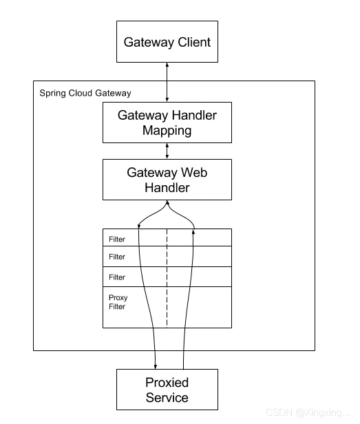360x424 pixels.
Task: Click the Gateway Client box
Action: (167, 41)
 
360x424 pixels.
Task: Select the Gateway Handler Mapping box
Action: (167, 123)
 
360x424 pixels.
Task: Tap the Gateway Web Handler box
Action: (167, 180)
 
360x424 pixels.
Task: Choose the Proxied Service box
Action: (167, 390)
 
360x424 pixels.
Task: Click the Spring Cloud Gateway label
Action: (85, 93)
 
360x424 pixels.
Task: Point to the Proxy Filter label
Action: (118, 301)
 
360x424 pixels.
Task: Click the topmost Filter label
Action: (117, 239)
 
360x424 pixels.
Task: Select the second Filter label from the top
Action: (117, 257)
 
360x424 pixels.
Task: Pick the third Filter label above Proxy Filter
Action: (117, 277)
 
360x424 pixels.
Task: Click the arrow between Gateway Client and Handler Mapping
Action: (167, 82)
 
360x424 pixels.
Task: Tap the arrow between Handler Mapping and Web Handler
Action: (167, 151)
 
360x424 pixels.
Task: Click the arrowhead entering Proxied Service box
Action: (156, 367)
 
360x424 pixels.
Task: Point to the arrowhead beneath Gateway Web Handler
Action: (167, 202)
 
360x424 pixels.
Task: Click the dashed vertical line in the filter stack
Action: (167, 278)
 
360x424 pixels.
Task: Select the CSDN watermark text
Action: (308, 413)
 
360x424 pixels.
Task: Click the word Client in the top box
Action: (194, 42)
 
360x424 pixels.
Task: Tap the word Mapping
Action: (167, 131)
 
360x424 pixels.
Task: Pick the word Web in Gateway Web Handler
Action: (194, 172)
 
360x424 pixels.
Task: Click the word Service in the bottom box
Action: (167, 398)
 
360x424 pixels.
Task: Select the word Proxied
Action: (167, 383)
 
